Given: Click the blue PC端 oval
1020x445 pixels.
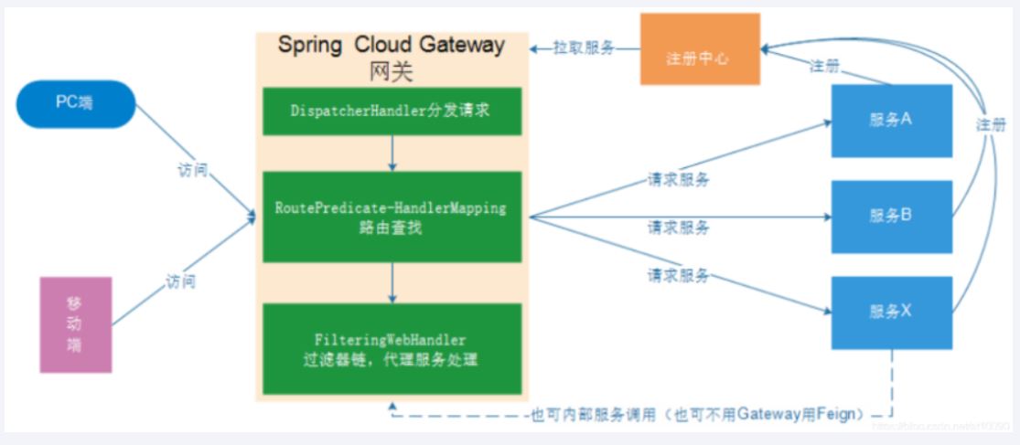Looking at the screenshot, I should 75,103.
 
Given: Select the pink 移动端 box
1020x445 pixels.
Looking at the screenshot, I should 76,324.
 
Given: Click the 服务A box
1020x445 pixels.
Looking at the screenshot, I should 891,121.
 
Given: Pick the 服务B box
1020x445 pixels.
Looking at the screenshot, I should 891,217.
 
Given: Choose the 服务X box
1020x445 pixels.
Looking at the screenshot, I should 891,312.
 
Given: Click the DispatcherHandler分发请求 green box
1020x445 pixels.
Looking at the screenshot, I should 392,111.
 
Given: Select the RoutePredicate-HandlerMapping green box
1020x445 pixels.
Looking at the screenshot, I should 392,217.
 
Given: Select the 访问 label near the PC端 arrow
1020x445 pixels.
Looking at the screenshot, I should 193,171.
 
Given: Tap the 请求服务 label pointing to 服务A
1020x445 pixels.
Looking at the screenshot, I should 678,180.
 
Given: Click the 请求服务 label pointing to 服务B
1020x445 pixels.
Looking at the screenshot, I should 678,228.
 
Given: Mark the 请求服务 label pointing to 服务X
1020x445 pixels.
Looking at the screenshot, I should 678,275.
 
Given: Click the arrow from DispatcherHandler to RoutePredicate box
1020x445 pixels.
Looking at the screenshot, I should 392,154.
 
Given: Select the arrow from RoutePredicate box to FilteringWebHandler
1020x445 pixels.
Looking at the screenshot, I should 392,283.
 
